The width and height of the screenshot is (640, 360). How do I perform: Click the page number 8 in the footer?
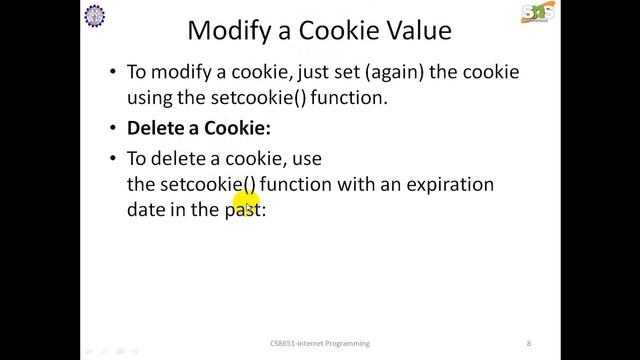(x=529, y=343)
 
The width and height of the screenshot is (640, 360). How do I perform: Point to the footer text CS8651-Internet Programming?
(x=321, y=343)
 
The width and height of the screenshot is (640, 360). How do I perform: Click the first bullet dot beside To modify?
(x=110, y=74)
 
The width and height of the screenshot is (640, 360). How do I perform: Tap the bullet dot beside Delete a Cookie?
(x=110, y=130)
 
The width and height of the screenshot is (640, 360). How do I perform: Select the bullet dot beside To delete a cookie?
(x=110, y=159)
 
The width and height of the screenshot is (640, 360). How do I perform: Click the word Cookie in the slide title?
(x=330, y=31)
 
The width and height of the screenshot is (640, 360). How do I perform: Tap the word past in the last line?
(x=241, y=212)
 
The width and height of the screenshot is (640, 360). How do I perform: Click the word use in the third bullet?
(x=306, y=158)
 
